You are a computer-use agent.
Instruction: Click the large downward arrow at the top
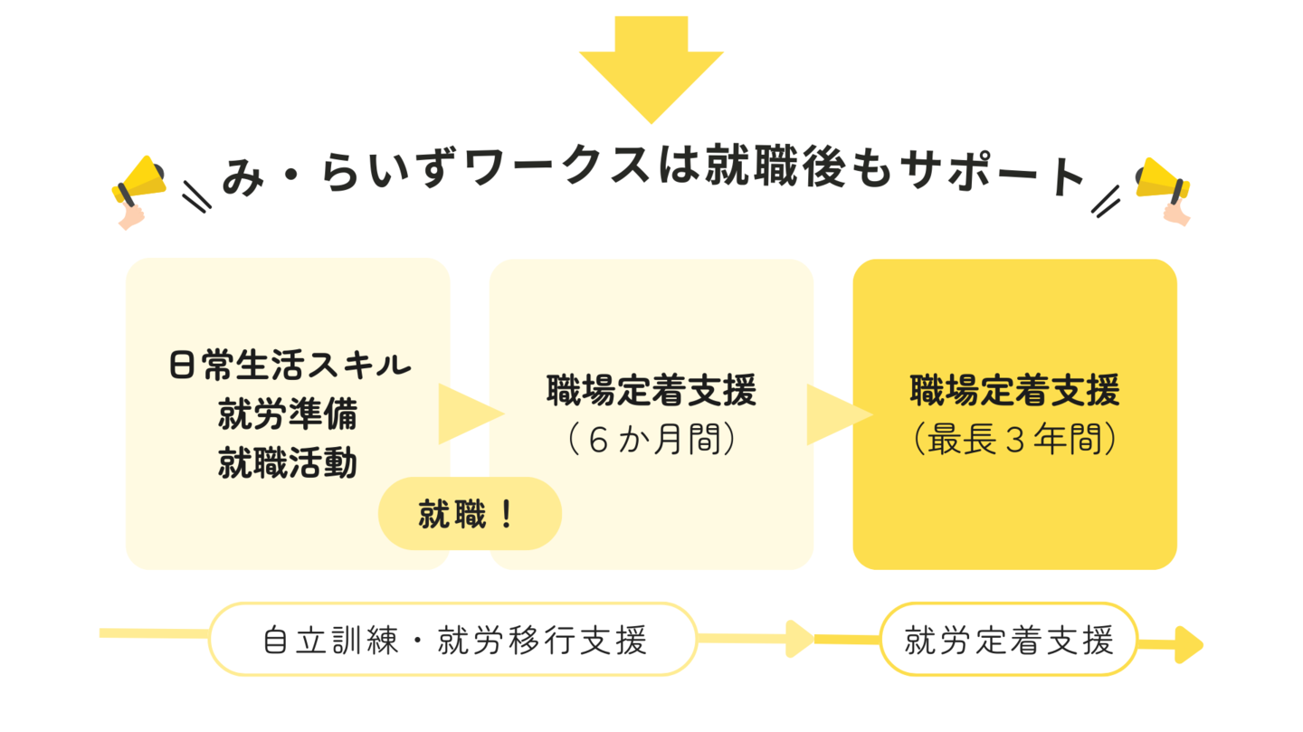click(x=651, y=68)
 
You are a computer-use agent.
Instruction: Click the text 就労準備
click(x=288, y=414)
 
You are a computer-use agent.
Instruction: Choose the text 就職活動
click(x=288, y=463)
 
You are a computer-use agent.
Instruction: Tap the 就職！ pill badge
click(x=469, y=514)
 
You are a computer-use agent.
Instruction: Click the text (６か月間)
click(x=651, y=440)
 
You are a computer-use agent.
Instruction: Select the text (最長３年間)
click(x=1014, y=440)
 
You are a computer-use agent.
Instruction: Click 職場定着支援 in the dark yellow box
click(x=1014, y=392)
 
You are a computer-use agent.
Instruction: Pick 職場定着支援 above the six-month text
click(x=651, y=392)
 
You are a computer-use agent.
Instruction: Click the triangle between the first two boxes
click(x=466, y=414)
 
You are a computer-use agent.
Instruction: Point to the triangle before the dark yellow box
click(x=834, y=414)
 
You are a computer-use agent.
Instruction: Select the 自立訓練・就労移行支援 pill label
click(x=453, y=641)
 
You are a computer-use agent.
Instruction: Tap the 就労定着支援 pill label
click(x=1008, y=641)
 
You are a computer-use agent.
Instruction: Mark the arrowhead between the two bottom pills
click(x=801, y=639)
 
